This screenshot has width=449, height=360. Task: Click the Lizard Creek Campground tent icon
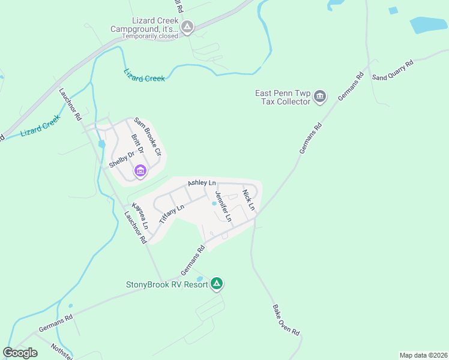point(187,26)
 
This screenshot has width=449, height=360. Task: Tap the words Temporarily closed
point(150,36)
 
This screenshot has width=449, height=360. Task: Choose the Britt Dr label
point(137,148)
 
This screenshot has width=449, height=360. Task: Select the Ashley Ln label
point(202,182)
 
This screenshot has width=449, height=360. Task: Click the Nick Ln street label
point(249,200)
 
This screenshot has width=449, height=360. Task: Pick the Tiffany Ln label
point(171,214)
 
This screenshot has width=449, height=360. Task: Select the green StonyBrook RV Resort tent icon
point(217,284)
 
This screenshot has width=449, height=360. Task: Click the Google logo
point(20,353)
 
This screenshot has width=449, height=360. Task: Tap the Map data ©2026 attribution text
point(423,355)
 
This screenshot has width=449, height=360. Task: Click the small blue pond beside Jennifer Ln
point(214,203)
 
